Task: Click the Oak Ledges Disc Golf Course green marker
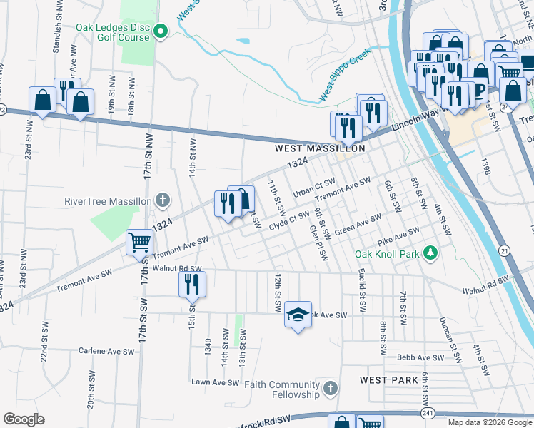pyautogui.click(x=160, y=31)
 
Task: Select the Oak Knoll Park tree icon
pyautogui.click(x=430, y=253)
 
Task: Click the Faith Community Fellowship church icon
pyautogui.click(x=329, y=389)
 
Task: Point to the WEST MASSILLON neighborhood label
pyautogui.click(x=321, y=148)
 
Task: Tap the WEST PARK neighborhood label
pyautogui.click(x=389, y=380)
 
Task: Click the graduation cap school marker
pyautogui.click(x=298, y=313)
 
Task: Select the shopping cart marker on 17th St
pyautogui.click(x=139, y=242)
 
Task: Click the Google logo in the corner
pyautogui.click(x=24, y=419)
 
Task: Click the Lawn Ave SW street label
pyautogui.click(x=214, y=382)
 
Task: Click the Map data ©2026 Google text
pyautogui.click(x=490, y=422)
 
